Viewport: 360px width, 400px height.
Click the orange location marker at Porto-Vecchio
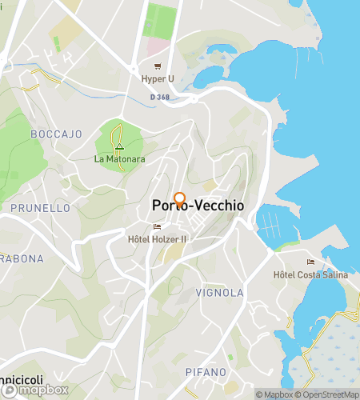(x=180, y=199)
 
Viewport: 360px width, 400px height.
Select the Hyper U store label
(x=158, y=79)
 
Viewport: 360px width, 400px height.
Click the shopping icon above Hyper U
(x=158, y=66)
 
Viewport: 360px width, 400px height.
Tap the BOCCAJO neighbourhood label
(x=56, y=134)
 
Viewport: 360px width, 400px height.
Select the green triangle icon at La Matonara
(x=118, y=147)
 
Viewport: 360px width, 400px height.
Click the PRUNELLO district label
(x=40, y=208)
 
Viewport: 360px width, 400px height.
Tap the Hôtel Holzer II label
(x=157, y=238)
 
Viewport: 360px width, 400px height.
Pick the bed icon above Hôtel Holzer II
(x=157, y=226)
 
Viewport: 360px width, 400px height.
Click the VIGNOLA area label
(x=219, y=293)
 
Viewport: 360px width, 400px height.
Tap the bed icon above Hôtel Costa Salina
(x=311, y=262)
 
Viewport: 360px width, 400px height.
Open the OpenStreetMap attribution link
(x=328, y=394)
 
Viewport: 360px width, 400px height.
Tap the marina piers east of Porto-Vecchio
(x=272, y=218)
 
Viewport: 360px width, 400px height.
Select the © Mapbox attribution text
(x=274, y=394)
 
